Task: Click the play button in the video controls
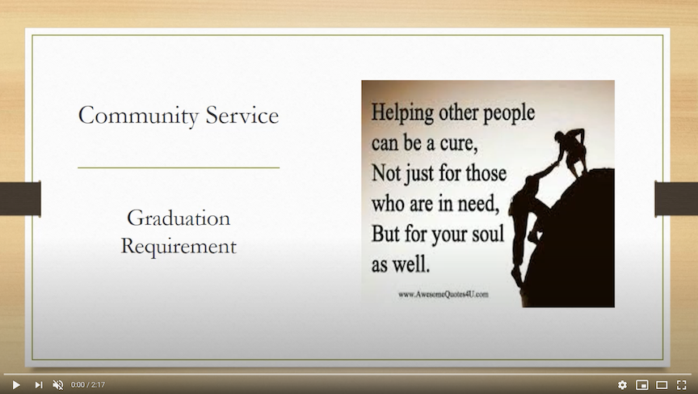[16, 384]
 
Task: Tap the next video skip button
[39, 384]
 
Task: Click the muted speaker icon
[58, 384]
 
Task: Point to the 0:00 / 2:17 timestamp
[88, 384]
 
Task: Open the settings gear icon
[622, 384]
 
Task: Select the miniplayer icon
[642, 384]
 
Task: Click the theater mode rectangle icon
[662, 384]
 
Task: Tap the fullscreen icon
[682, 384]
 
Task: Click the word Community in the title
[138, 116]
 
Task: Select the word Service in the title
[242, 116]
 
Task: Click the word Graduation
[179, 218]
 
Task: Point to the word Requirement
[179, 247]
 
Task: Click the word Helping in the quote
[402, 112]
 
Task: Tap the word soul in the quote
[488, 234]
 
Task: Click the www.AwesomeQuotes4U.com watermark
[444, 294]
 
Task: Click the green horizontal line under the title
[179, 167]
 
